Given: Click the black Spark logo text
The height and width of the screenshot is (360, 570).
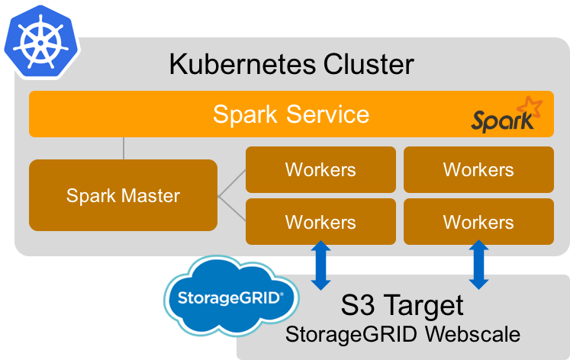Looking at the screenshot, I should coord(498,121).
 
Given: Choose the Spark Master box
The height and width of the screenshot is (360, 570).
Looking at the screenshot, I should coord(123,195).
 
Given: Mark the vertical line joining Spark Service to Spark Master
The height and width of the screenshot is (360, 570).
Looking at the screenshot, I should coord(124,148).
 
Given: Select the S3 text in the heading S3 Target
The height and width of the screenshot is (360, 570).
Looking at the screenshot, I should coord(357,306).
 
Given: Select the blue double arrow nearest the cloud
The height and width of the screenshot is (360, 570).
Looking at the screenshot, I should coord(321,265).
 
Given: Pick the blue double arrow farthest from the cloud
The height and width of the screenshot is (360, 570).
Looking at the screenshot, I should coord(478,265).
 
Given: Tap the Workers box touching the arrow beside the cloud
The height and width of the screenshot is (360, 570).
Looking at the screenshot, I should coord(320,222).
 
